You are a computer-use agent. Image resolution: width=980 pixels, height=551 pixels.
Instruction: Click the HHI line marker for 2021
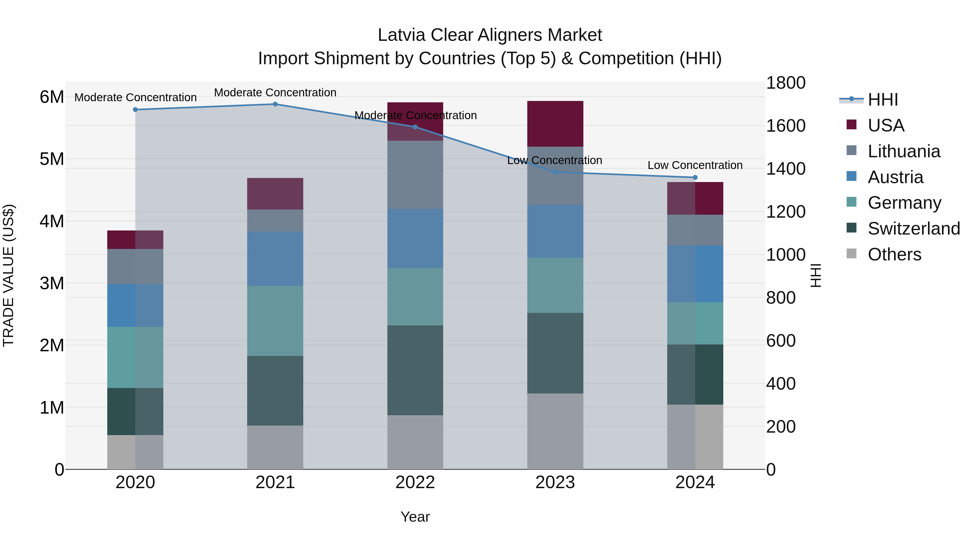coord(275,104)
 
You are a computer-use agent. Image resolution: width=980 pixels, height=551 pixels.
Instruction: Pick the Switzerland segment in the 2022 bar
coord(415,370)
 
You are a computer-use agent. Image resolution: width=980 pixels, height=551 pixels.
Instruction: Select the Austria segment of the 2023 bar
coord(555,231)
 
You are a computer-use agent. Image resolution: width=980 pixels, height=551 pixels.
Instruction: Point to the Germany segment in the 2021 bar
coord(275,321)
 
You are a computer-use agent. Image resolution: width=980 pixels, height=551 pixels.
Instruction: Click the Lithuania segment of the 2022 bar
coord(415,175)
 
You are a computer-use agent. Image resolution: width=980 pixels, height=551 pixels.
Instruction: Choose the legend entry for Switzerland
coord(913,229)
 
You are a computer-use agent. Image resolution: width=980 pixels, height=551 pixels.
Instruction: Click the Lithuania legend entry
coord(904,151)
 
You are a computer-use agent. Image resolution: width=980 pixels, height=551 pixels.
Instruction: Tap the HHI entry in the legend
coord(883,100)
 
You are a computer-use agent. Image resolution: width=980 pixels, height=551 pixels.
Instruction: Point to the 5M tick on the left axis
coord(52,159)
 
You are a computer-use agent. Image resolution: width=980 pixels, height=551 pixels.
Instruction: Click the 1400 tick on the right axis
coord(786,168)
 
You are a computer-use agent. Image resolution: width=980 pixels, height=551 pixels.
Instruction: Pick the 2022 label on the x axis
coord(415,482)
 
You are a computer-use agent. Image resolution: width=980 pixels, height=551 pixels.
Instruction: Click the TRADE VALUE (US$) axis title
coord(8,275)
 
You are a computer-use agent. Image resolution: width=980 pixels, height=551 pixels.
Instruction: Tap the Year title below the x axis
coord(415,517)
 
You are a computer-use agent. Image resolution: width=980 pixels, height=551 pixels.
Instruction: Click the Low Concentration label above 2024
coord(695,165)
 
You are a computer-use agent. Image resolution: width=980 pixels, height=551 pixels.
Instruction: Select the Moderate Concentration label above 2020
coord(136,97)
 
